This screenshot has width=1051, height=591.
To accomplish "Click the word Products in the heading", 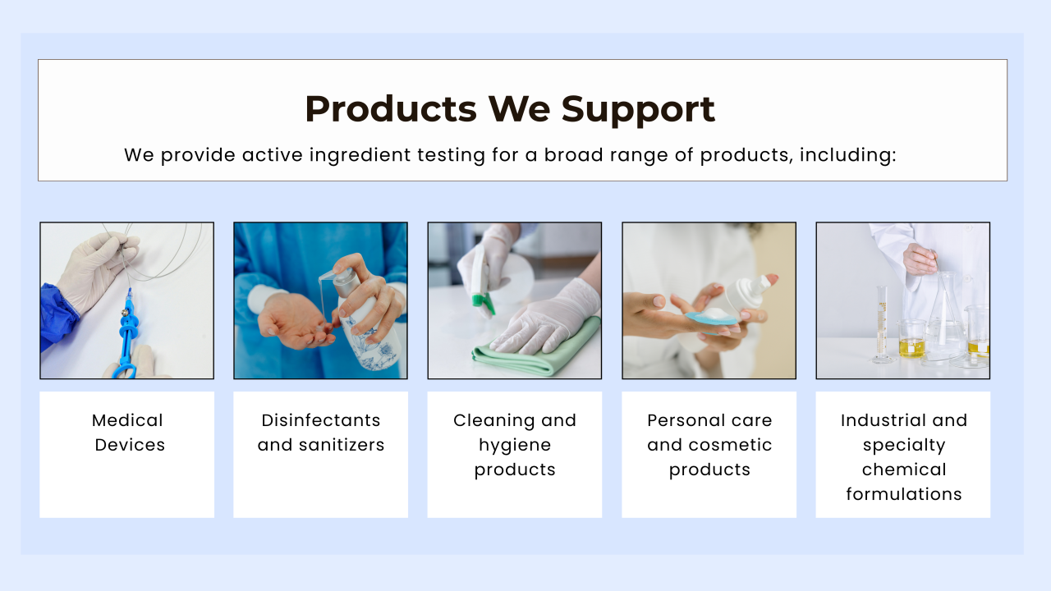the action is [391, 109].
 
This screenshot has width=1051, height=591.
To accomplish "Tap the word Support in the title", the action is [638, 110].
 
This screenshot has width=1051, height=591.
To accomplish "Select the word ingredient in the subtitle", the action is [360, 155].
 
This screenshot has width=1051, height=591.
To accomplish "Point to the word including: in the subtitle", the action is [848, 155].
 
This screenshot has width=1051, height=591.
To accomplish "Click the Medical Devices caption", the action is [128, 433].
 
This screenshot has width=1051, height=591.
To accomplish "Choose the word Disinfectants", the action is [320, 420].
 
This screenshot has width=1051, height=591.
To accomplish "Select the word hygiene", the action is [515, 446].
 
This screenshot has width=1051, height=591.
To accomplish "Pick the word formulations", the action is [904, 494].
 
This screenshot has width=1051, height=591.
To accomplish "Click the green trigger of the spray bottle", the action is [484, 303].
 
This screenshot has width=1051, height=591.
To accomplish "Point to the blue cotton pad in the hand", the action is [711, 318].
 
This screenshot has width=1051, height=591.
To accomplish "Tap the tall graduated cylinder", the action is [883, 324].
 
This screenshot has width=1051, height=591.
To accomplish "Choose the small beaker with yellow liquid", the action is [911, 339].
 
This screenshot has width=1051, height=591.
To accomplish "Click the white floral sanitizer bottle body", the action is [369, 336].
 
